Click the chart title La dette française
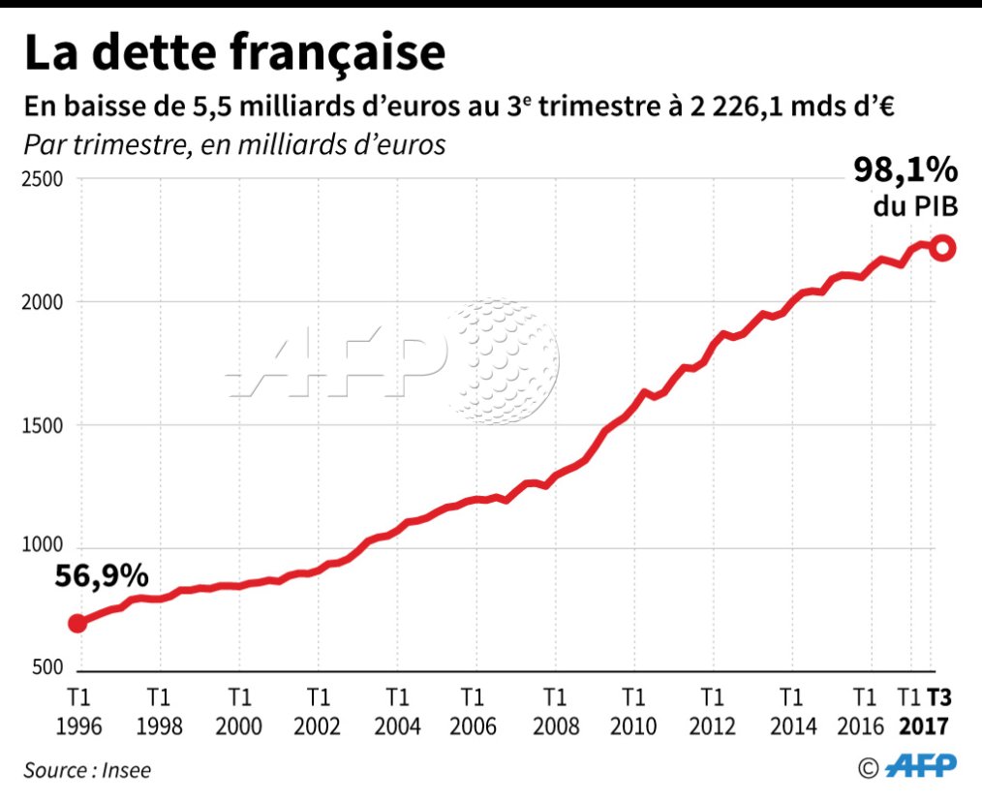234,53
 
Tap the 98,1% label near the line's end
905,170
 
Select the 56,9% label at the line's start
101,576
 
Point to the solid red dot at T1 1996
78,623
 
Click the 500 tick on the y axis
49,669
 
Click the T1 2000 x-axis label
239,712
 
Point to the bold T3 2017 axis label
937,712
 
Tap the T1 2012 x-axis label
712,712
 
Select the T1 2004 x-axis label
396,712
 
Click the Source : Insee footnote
87,770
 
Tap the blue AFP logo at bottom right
921,766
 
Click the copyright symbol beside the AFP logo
868,767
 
